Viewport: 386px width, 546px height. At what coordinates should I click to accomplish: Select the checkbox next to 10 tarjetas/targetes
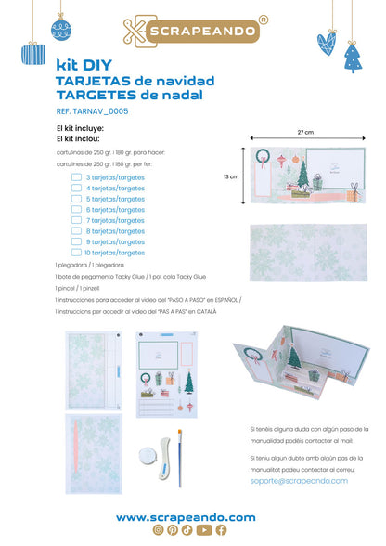click(77, 253)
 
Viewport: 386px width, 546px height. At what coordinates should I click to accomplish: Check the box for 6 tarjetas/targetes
click(77, 209)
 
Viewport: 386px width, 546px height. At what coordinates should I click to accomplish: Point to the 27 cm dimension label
click(306, 132)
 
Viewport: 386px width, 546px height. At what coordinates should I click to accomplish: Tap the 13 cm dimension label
click(232, 175)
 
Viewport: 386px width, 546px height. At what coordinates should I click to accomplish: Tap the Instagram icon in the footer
click(158, 530)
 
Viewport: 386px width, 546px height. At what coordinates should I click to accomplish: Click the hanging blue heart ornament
click(326, 43)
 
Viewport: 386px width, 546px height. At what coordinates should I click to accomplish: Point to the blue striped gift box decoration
click(34, 54)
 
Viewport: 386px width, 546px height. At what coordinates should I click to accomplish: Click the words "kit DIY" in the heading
click(79, 66)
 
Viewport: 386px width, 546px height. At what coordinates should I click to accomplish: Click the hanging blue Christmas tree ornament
click(354, 58)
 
